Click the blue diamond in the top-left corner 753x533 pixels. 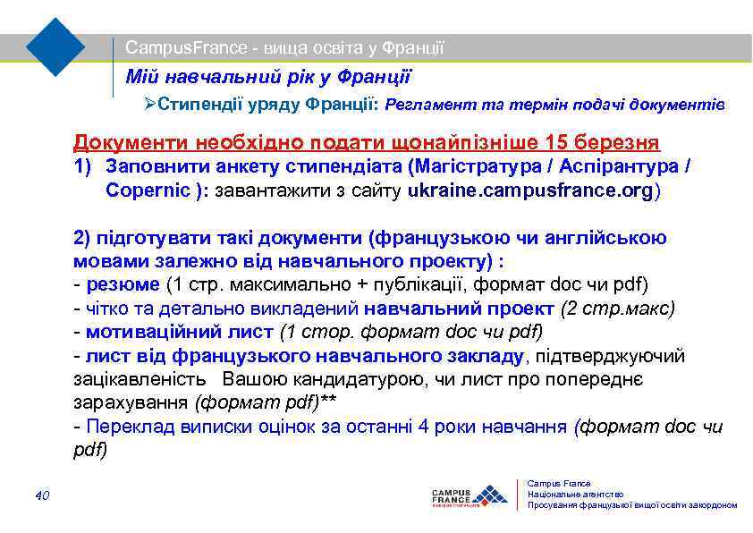pyautogui.click(x=55, y=47)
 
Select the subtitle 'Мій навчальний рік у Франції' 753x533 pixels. pyautogui.click(x=268, y=77)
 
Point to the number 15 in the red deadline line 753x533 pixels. pyautogui.click(x=561, y=142)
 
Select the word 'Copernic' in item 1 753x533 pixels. pyautogui.click(x=147, y=190)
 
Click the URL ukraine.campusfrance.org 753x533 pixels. pyautogui.click(x=531, y=190)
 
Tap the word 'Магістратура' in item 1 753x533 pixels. pyautogui.click(x=468, y=166)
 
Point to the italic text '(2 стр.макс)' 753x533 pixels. pyautogui.click(x=617, y=309)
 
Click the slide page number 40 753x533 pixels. pyautogui.click(x=42, y=495)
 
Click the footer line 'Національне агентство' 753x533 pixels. pyautogui.click(x=576, y=495)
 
